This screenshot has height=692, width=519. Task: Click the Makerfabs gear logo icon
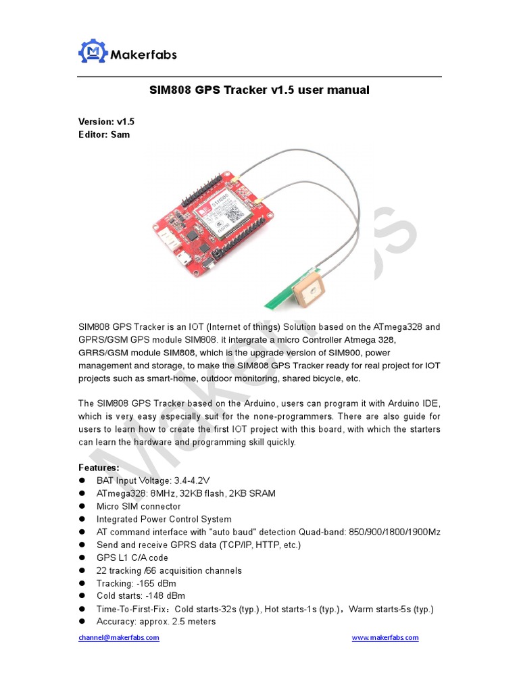click(x=93, y=52)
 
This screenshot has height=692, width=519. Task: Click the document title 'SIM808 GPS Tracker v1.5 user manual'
click(x=259, y=90)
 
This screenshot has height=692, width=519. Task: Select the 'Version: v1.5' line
click(x=106, y=122)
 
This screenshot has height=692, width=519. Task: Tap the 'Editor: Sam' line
click(x=104, y=134)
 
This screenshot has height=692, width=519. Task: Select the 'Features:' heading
click(x=99, y=468)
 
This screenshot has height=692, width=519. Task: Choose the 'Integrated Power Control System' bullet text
click(x=164, y=519)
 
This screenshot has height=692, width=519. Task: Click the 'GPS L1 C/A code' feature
click(x=132, y=558)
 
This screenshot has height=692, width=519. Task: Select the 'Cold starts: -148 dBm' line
click(x=141, y=596)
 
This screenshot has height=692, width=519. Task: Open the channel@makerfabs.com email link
click(x=118, y=637)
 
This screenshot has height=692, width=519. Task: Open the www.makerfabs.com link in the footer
click(x=385, y=637)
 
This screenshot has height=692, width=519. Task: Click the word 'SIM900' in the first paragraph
click(x=332, y=353)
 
